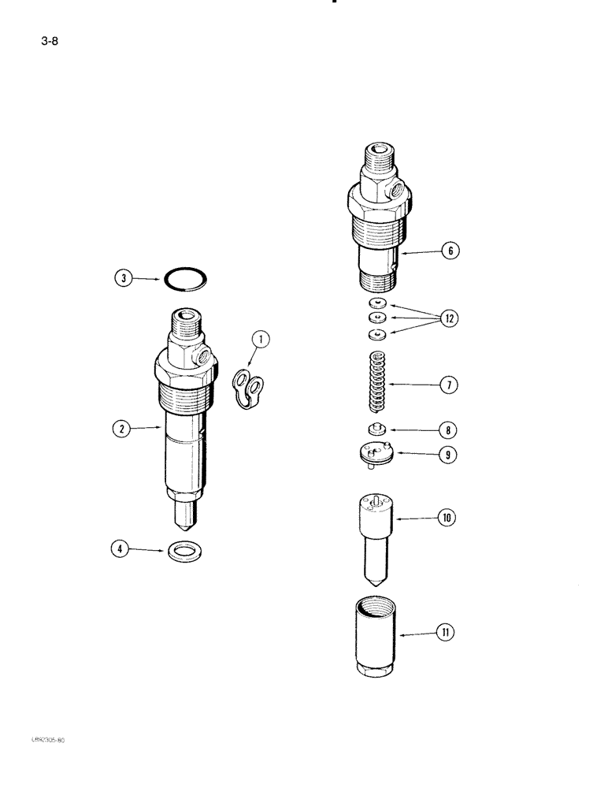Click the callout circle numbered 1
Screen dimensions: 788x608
261,340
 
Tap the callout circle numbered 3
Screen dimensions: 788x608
121,277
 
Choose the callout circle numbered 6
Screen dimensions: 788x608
450,251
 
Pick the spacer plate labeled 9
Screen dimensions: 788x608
374,455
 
